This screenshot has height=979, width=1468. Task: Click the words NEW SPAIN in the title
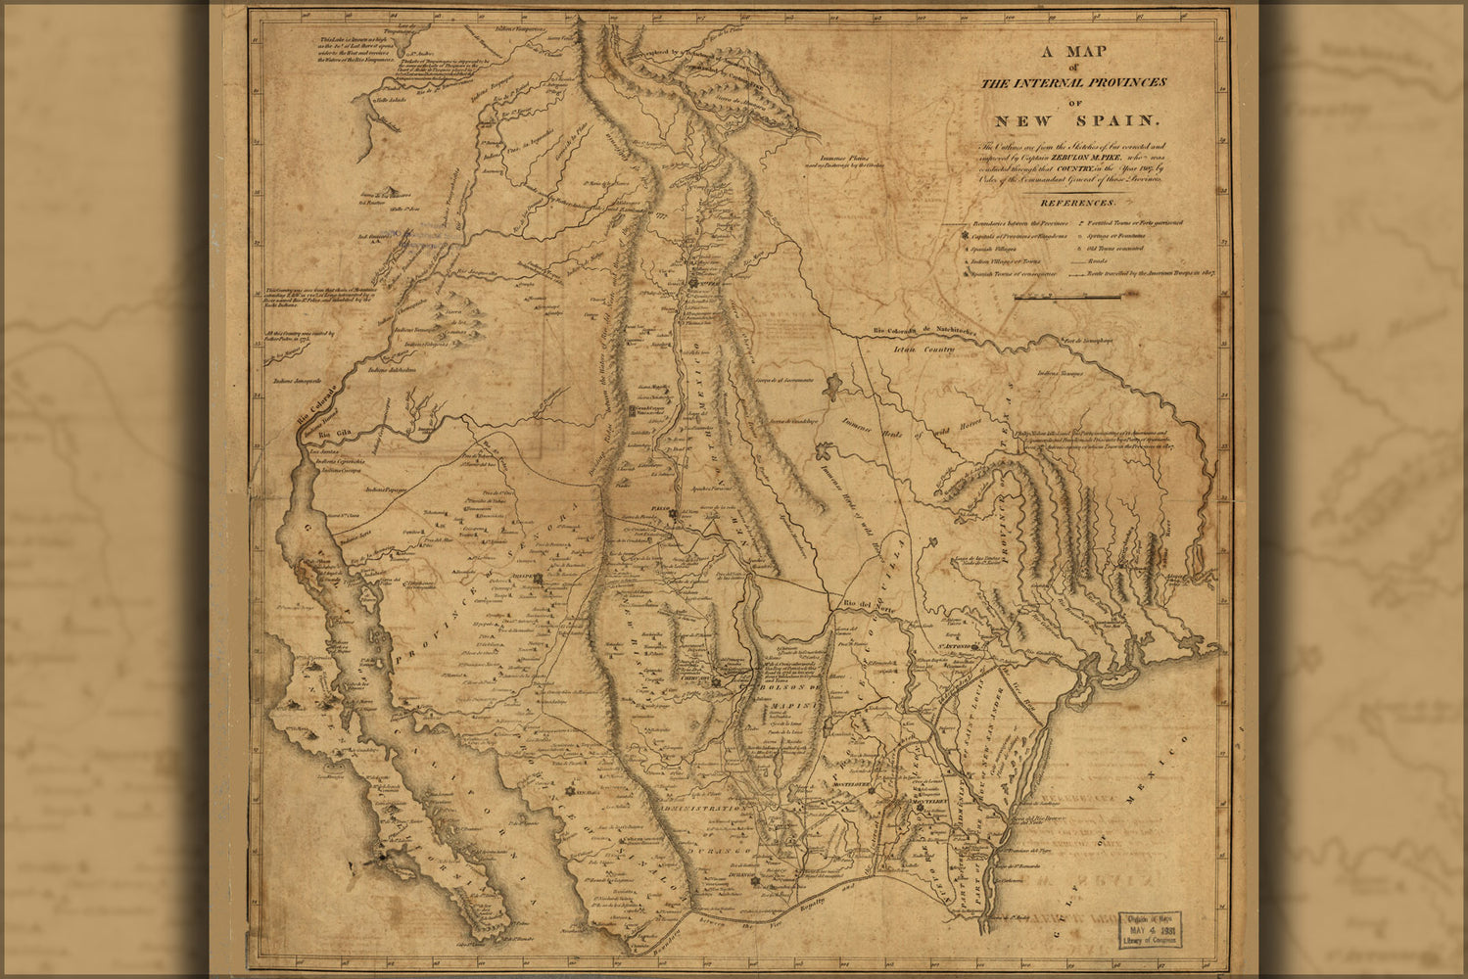click(1076, 121)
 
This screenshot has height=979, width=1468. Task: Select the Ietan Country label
click(923, 348)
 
